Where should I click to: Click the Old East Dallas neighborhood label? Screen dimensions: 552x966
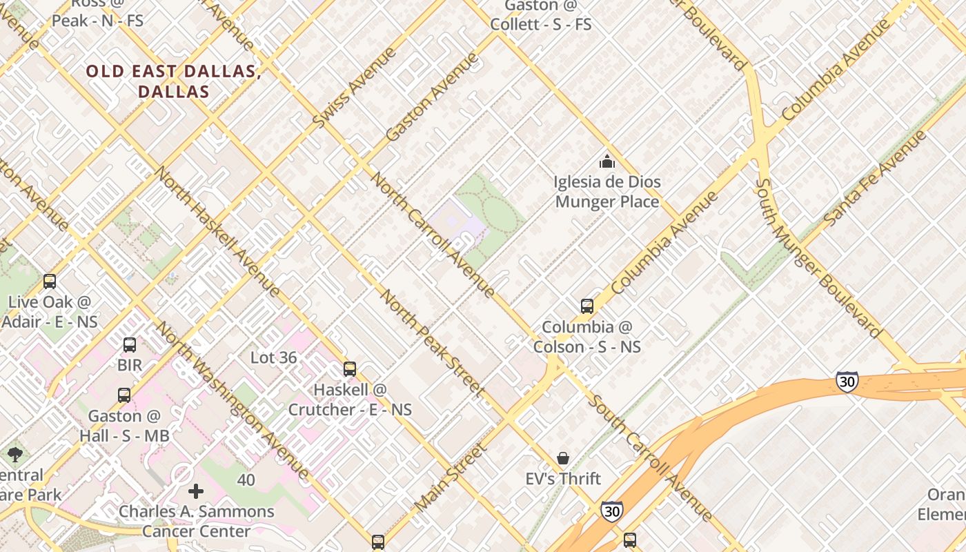(x=172, y=81)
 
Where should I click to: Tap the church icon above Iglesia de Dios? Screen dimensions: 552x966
(x=607, y=162)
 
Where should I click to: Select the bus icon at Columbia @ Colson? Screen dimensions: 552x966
(x=587, y=306)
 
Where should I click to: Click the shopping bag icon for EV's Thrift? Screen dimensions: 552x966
(x=564, y=458)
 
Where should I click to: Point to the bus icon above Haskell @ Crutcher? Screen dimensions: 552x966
(x=350, y=369)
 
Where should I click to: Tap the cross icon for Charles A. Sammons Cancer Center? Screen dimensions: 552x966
(x=196, y=491)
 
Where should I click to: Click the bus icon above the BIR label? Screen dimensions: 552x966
(x=130, y=345)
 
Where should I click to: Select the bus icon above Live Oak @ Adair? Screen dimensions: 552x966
(x=50, y=282)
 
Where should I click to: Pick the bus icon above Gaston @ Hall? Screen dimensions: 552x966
(x=124, y=395)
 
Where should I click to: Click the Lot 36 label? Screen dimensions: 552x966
(x=273, y=357)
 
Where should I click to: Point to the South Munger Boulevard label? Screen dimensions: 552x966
(x=818, y=258)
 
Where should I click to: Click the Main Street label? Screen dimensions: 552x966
(x=451, y=478)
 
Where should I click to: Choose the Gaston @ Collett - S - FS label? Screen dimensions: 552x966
(x=541, y=15)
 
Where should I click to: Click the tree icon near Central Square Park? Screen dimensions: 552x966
(x=14, y=455)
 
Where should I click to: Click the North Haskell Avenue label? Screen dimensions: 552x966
(x=218, y=231)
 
